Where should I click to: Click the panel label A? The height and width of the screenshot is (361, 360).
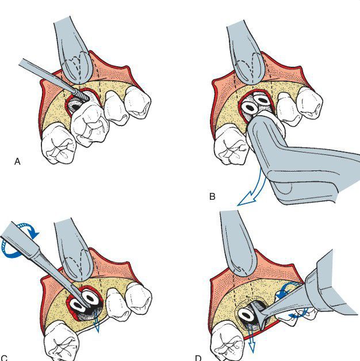tap(17, 162)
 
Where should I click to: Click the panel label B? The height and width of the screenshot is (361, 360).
tap(212, 196)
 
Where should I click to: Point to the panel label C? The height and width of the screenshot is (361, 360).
tap(5, 358)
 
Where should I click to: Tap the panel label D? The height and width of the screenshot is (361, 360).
tap(198, 358)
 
